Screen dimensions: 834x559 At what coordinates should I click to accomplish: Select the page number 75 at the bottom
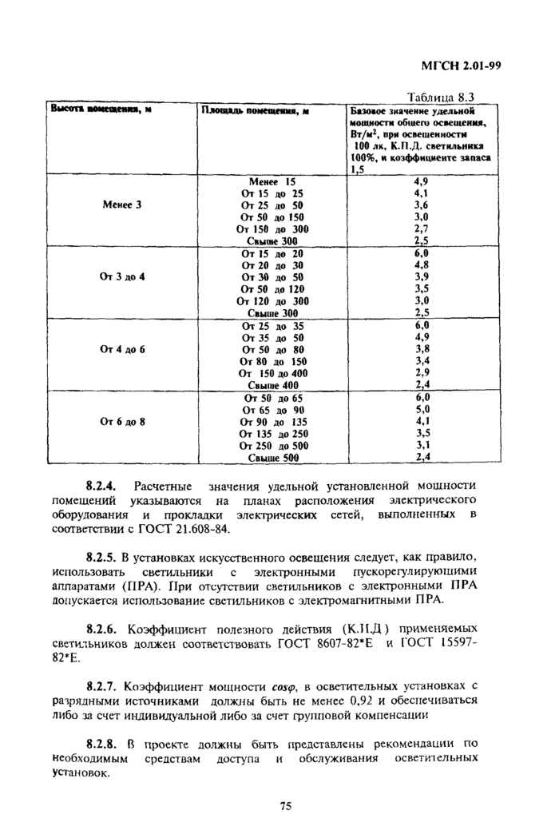point(285,805)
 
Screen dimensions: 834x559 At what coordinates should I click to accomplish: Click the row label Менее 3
point(122,205)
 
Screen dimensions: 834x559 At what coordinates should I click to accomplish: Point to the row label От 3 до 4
point(122,276)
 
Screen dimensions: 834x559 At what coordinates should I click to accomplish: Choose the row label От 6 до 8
point(122,421)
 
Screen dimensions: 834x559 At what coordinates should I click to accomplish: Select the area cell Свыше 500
point(272,458)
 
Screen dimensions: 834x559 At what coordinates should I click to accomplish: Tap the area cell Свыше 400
point(272,385)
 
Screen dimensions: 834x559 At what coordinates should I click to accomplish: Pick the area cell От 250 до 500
point(272,446)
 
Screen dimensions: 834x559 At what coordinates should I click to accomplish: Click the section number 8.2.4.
point(101,485)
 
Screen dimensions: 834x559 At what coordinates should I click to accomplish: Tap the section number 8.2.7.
point(101,685)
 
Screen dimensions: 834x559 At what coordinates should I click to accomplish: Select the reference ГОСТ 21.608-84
point(183,528)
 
